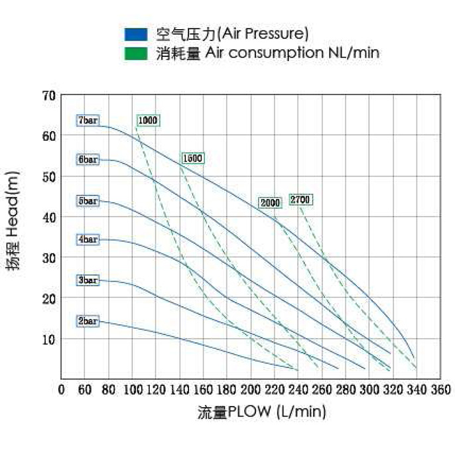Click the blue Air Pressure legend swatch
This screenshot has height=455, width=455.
[x=136, y=34]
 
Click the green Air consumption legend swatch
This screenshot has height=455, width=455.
[x=136, y=53]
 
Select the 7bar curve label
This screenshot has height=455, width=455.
[x=88, y=121]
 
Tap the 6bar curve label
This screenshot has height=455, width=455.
[x=88, y=160]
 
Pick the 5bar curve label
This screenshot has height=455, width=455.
[x=88, y=200]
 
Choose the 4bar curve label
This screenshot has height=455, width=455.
[x=88, y=239]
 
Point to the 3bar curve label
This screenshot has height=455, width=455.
[x=88, y=281]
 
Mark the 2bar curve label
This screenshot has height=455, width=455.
[x=88, y=321]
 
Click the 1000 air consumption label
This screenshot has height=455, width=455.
[x=148, y=120]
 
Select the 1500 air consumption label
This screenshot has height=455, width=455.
[x=192, y=159]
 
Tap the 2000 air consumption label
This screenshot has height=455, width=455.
[x=270, y=202]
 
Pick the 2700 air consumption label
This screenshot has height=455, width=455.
[x=300, y=200]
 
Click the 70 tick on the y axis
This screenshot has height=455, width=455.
[x=48, y=95]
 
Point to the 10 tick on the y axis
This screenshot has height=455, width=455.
[x=48, y=339]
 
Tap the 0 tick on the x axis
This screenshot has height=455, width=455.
[x=61, y=389]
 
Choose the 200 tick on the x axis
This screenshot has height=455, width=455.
[x=251, y=389]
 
